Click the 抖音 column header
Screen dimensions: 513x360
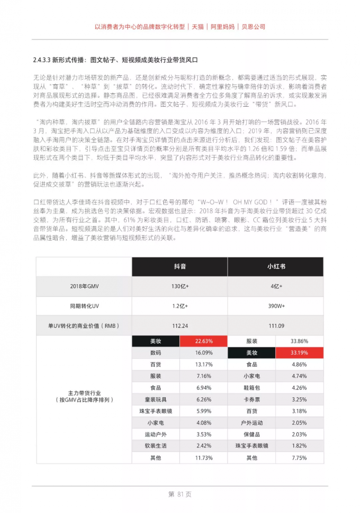click(x=180, y=267)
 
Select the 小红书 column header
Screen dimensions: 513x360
click(x=275, y=267)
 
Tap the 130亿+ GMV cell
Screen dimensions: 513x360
click(x=180, y=286)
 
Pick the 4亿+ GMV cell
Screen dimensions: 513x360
click(x=275, y=286)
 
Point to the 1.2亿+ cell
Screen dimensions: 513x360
click(x=180, y=306)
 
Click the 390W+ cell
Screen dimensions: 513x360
click(x=275, y=306)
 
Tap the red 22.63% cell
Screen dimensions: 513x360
click(x=203, y=341)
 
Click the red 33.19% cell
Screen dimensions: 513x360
click(x=299, y=353)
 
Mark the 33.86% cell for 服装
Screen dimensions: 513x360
click(x=299, y=341)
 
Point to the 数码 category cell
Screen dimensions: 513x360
click(x=156, y=353)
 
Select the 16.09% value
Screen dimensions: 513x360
click(x=203, y=353)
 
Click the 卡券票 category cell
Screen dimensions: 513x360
click(x=252, y=400)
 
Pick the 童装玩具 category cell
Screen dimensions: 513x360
click(x=156, y=400)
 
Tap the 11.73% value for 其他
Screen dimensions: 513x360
click(x=203, y=458)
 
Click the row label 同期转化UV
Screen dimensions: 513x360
click(x=84, y=306)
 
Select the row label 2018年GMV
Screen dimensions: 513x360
click(x=84, y=286)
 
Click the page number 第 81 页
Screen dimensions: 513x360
click(x=180, y=494)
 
